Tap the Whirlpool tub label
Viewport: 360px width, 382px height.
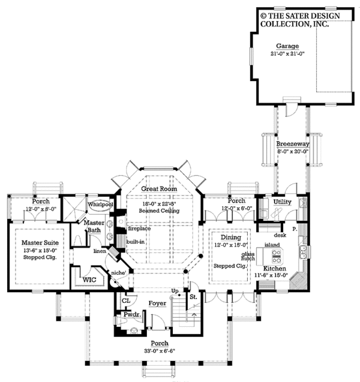(100, 204)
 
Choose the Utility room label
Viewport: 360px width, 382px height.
(282, 202)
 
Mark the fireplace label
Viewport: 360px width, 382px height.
(139, 228)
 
